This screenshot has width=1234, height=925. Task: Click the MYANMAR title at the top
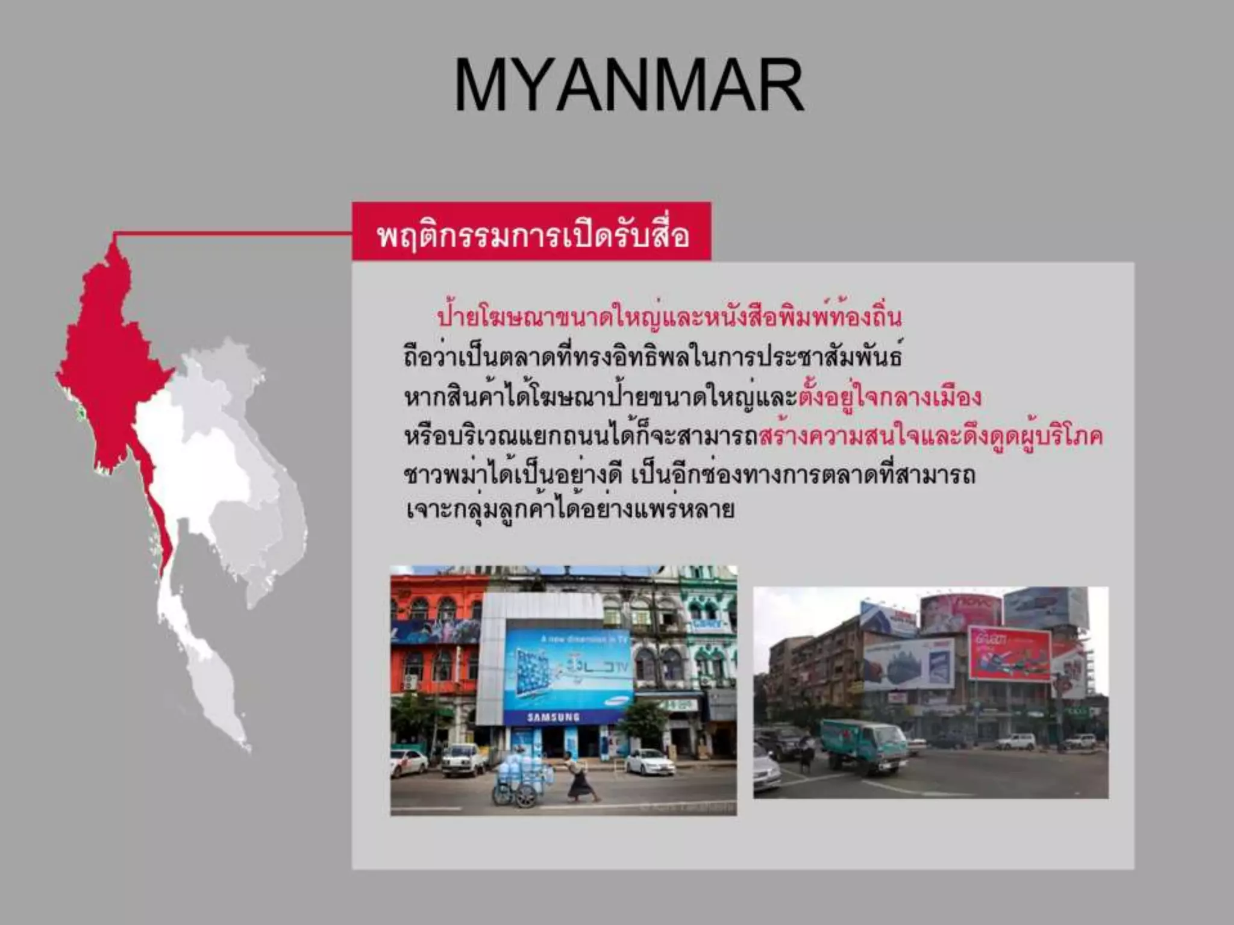(x=628, y=85)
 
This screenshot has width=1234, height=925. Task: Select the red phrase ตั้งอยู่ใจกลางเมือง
(x=891, y=397)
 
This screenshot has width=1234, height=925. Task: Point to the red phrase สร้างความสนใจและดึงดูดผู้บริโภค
(x=931, y=436)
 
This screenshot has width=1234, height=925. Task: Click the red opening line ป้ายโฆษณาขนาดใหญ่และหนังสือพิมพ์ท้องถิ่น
(x=669, y=317)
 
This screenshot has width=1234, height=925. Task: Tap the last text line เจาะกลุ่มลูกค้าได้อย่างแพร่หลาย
(x=569, y=510)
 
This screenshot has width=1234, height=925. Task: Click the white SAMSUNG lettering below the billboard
(x=553, y=717)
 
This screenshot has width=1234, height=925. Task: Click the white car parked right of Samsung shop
(x=650, y=762)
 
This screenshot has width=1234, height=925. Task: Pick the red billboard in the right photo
(x=1009, y=654)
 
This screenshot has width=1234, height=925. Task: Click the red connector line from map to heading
(x=232, y=233)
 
